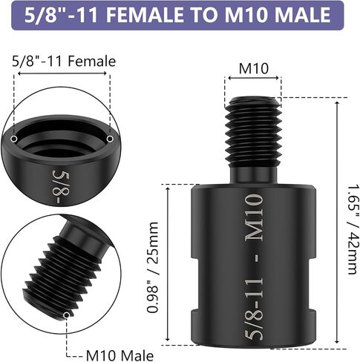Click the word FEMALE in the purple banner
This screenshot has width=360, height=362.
(x=145, y=15)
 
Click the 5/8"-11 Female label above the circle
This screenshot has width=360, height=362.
(x=64, y=61)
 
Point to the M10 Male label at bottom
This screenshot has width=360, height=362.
(x=120, y=355)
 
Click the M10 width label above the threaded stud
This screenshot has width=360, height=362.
(x=254, y=68)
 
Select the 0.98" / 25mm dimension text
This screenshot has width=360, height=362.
(x=153, y=267)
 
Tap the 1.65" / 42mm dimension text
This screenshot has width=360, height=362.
(x=353, y=229)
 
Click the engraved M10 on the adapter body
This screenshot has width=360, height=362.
(x=254, y=217)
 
